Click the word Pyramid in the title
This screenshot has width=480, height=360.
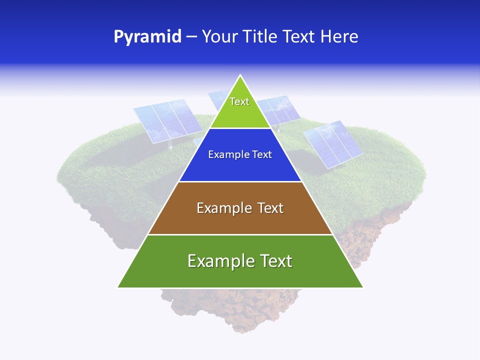tap(147, 37)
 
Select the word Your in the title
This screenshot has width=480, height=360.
tap(220, 36)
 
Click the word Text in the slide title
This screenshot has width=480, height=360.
tap(299, 36)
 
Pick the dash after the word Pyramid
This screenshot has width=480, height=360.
tap(191, 37)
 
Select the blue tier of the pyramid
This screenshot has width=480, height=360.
tap(240, 167)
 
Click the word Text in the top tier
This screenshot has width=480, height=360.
tap(239, 101)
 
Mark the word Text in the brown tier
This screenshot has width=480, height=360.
tap(270, 208)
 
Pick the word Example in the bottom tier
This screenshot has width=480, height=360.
tap(218, 261)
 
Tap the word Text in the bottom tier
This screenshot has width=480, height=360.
tap(274, 261)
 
